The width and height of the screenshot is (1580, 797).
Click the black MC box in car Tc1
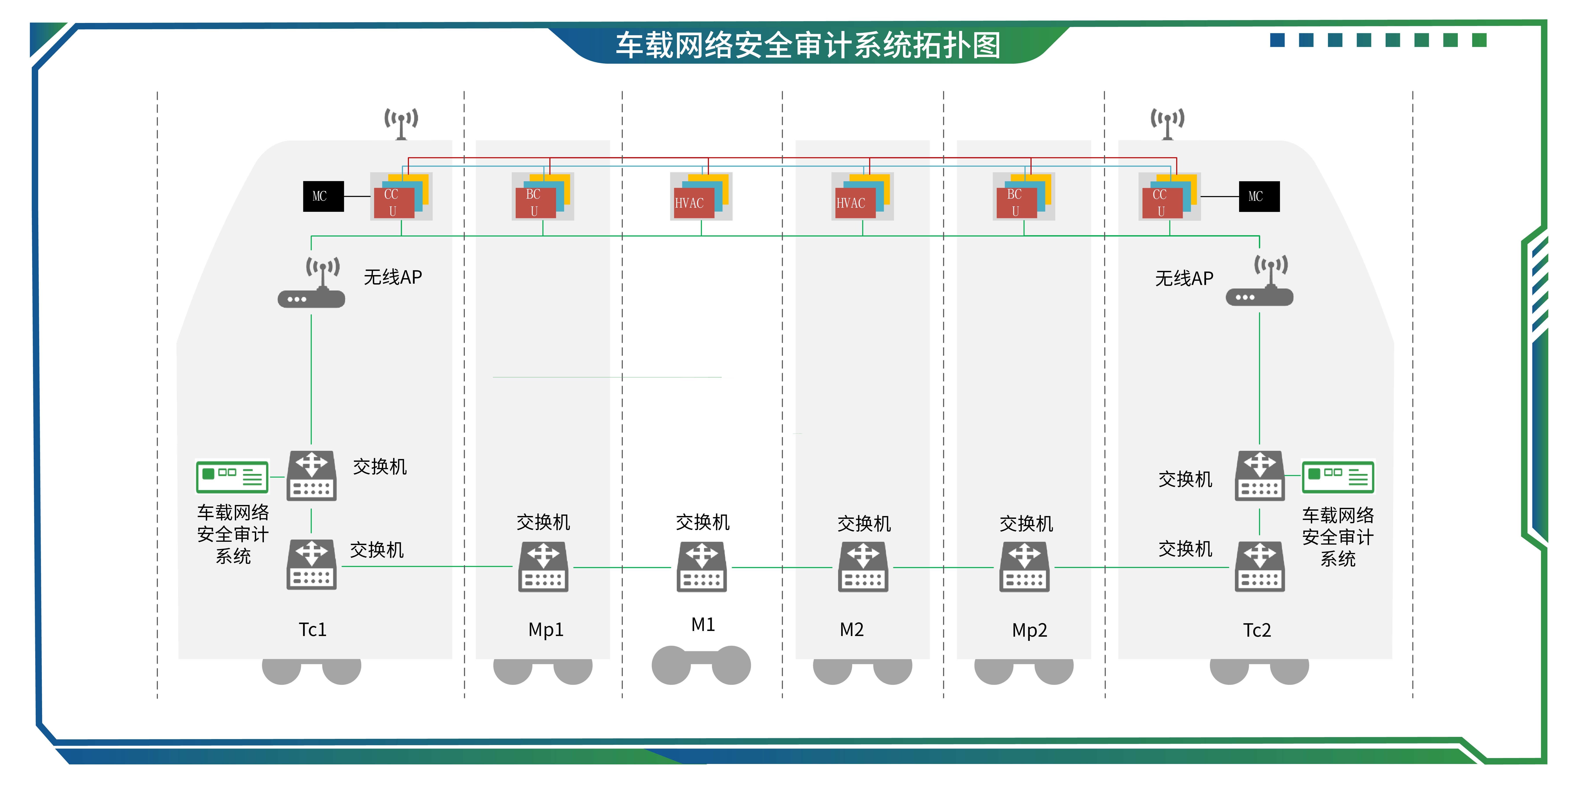pos(323,196)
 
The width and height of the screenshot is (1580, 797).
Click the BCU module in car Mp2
pos(1016,202)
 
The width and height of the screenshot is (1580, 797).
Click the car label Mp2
pos(1029,630)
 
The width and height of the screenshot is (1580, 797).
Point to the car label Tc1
pos(312,629)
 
